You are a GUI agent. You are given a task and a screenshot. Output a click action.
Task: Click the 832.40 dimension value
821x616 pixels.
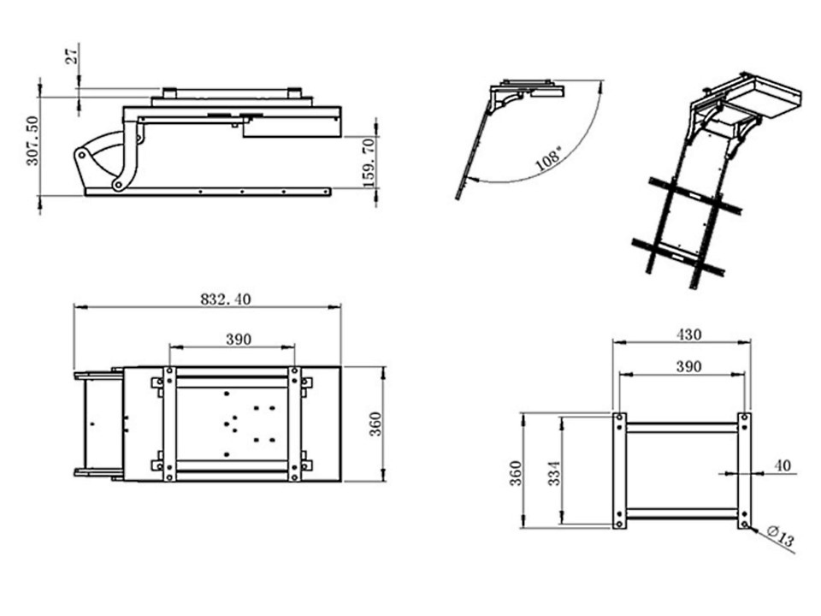226,299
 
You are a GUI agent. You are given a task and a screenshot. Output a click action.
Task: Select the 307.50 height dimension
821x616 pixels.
32,141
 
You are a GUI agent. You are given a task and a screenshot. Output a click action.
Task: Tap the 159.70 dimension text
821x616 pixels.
369,163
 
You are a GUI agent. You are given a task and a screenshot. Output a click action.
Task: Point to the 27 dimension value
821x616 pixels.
71,54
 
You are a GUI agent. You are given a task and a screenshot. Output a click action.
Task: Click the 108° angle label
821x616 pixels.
549,159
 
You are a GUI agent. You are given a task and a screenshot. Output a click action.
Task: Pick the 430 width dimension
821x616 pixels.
688,335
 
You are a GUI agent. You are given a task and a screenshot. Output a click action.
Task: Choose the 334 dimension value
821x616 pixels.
554,473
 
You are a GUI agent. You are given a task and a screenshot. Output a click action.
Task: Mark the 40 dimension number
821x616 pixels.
783,465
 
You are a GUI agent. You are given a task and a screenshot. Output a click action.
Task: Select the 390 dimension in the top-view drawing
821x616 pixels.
239,340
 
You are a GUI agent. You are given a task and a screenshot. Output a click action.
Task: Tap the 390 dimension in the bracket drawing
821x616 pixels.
688,366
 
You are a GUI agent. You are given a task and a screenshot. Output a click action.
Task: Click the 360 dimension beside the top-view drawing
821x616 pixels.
375,424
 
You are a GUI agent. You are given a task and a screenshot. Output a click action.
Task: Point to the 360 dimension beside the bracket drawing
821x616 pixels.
516,473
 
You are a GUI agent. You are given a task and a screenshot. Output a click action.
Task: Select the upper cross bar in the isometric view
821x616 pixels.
694,196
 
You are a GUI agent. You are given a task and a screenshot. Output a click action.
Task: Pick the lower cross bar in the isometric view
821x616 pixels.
678,257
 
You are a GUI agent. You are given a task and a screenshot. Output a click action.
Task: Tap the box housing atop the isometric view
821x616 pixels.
763,98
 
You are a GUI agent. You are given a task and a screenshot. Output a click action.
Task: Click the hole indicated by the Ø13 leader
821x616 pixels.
745,524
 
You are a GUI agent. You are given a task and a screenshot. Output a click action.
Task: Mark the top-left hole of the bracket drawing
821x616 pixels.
619,418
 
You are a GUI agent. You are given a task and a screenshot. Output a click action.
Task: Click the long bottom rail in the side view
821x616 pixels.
208,192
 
